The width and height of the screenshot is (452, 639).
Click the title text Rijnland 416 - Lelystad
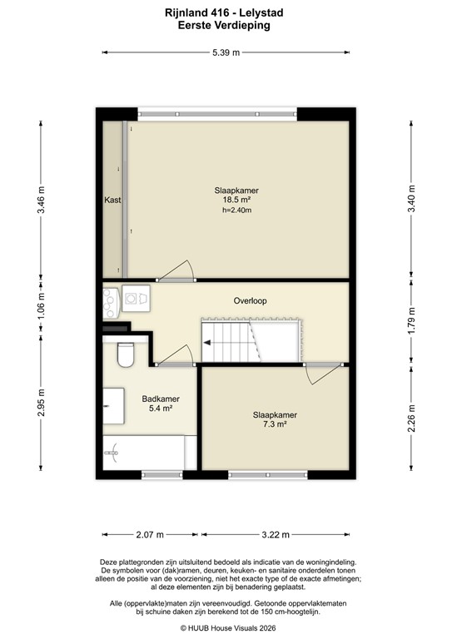pos(225,13)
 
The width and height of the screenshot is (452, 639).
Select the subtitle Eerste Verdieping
pos(225,25)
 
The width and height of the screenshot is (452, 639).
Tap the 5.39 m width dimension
pos(225,52)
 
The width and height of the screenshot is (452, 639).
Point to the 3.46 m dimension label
pos(41,201)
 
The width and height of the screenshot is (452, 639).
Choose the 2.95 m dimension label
pos(41,404)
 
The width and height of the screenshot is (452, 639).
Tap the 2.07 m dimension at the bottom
pos(149,534)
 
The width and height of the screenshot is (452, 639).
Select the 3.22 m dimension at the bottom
pos(276,534)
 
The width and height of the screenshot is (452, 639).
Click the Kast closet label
pos(112,200)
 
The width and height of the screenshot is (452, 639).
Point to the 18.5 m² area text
pos(236,200)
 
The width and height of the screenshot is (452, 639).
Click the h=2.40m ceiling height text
pos(236,211)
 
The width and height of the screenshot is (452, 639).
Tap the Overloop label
pos(250,300)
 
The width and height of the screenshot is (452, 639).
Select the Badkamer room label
pos(161,399)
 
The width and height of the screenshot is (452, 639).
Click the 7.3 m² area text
pos(276,424)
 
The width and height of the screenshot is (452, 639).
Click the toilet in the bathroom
pos(126,354)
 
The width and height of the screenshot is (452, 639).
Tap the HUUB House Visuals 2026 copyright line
pos(225,629)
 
